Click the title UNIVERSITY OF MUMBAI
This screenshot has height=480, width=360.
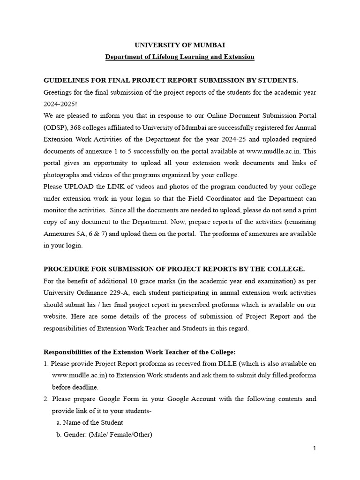point(180,45)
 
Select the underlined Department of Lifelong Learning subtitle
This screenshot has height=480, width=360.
point(180,57)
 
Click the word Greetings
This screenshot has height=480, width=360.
point(58,92)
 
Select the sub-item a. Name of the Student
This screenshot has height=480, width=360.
point(90,422)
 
